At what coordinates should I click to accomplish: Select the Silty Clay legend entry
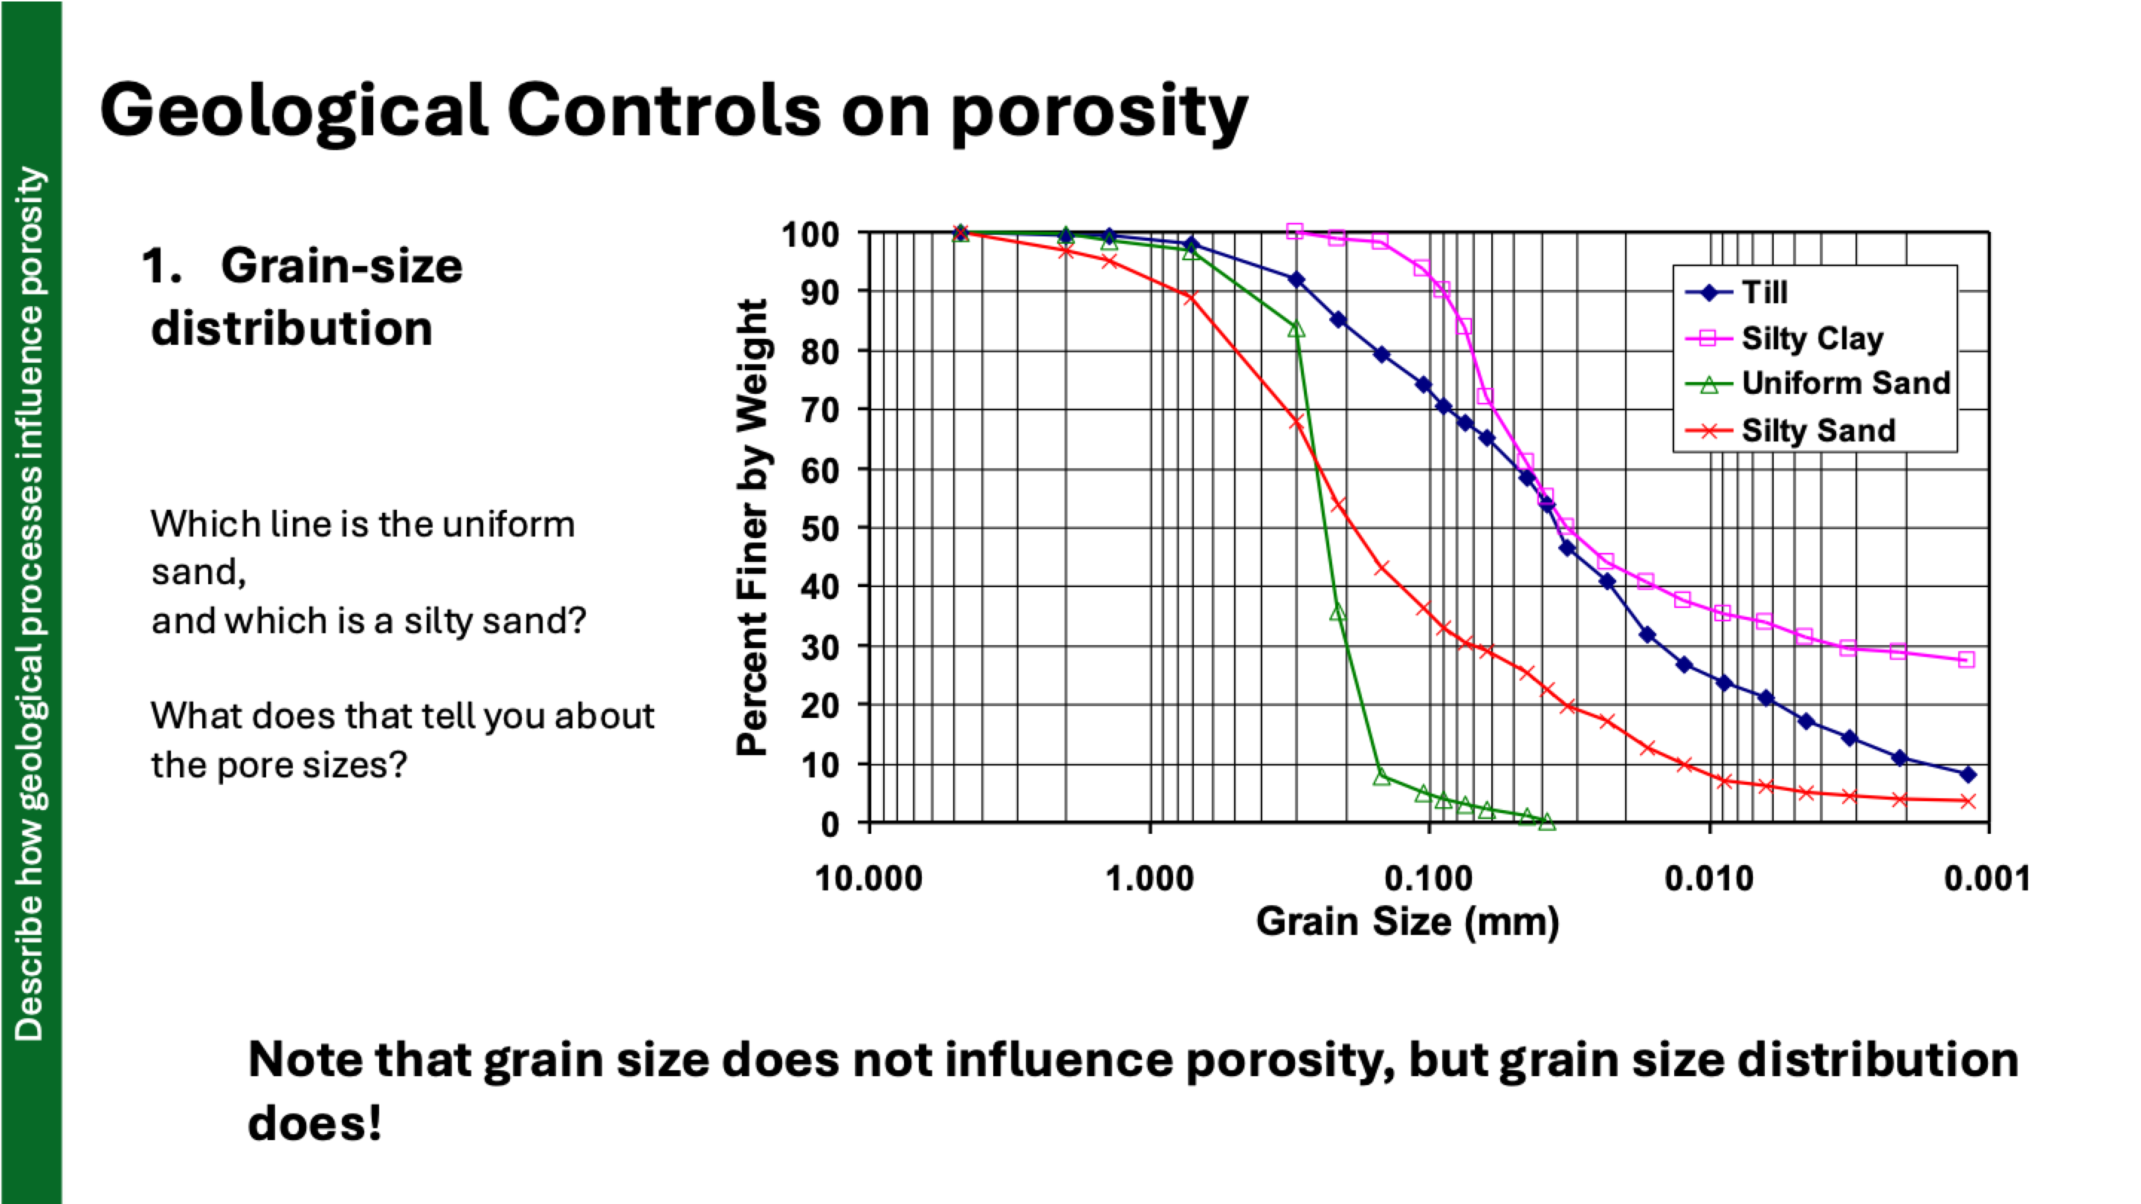tap(1812, 338)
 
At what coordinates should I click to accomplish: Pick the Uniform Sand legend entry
tap(1845, 383)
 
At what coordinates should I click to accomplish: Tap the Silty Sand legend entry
tap(1818, 430)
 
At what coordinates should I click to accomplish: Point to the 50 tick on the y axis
tap(819, 528)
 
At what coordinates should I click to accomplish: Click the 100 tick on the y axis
tap(810, 234)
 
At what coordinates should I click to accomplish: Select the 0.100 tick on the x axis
tap(1429, 878)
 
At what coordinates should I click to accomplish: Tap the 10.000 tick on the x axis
tap(868, 878)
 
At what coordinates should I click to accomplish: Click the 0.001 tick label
tap(1987, 878)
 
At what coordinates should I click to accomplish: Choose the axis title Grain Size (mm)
tap(1407, 922)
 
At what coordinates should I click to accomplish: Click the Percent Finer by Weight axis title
tap(752, 528)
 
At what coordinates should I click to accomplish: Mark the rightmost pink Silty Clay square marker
tap(1966, 659)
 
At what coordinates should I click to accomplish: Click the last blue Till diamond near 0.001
tap(1967, 774)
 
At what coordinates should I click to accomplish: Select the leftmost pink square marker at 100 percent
tap(1294, 231)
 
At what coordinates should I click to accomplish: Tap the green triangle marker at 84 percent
tap(1296, 330)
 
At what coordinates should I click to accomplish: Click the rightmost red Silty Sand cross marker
tap(1967, 801)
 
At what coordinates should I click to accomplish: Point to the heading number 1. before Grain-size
tap(161, 267)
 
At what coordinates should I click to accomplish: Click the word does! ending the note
tap(314, 1124)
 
